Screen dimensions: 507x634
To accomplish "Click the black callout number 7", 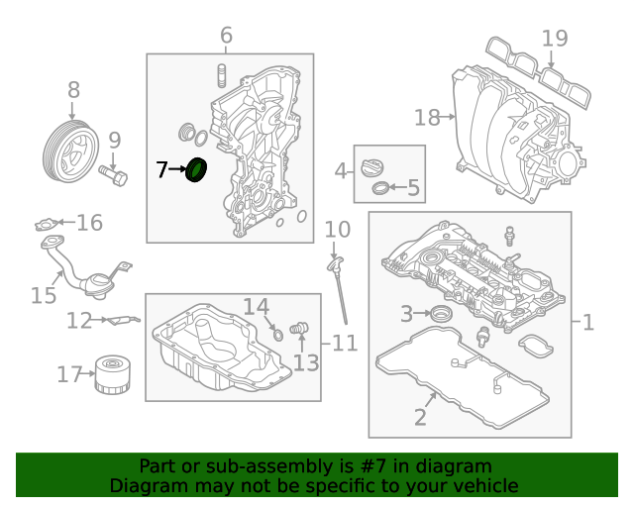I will point(162,170).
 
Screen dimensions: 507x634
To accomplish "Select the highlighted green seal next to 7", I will point(197,171).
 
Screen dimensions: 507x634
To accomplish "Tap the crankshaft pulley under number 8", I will point(70,151).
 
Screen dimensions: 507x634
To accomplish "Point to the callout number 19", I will point(555,39).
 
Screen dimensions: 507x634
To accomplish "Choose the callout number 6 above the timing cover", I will point(226,37).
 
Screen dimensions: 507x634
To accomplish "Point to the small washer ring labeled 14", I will point(278,334).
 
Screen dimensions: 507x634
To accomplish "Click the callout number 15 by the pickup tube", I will point(43,295).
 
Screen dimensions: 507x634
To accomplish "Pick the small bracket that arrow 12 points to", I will point(123,320).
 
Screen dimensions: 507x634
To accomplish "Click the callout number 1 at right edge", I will point(587,322).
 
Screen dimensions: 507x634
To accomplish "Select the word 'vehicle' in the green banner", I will point(485,485).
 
